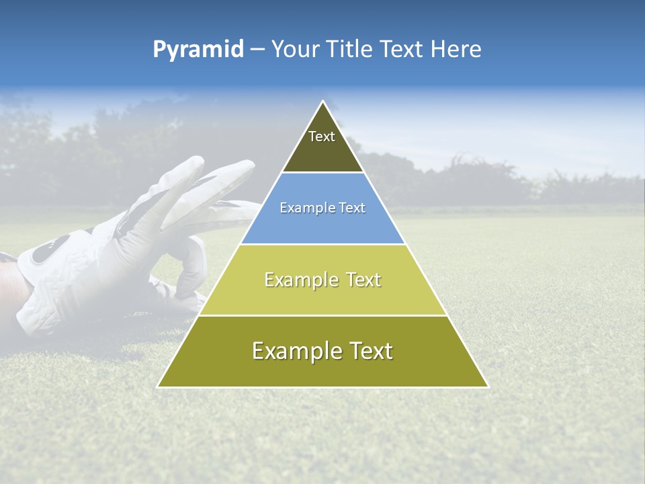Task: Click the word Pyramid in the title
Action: tap(198, 50)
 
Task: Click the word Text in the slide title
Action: tap(403, 50)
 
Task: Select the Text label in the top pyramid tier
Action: tap(322, 137)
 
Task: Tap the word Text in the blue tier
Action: tap(351, 208)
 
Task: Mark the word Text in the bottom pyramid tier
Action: tap(372, 351)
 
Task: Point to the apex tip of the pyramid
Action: tap(323, 102)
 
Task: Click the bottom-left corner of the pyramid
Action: tap(158, 387)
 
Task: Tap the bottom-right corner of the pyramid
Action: tap(488, 387)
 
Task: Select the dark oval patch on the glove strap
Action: tap(46, 251)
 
